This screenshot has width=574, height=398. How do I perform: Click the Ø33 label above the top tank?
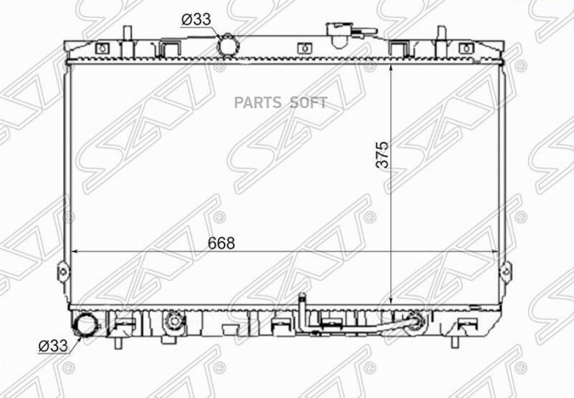(x=196, y=20)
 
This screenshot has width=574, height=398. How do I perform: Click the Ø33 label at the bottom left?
(x=53, y=346)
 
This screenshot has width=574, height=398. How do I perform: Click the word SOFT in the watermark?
(x=309, y=103)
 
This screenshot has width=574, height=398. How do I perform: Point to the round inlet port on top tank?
(x=227, y=46)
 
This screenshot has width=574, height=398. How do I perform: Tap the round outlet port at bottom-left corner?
(x=83, y=325)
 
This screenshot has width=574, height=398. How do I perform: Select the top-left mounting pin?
(x=127, y=33)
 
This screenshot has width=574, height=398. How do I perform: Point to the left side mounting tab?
(x=63, y=271)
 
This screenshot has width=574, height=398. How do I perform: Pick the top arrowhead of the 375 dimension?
(x=390, y=65)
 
